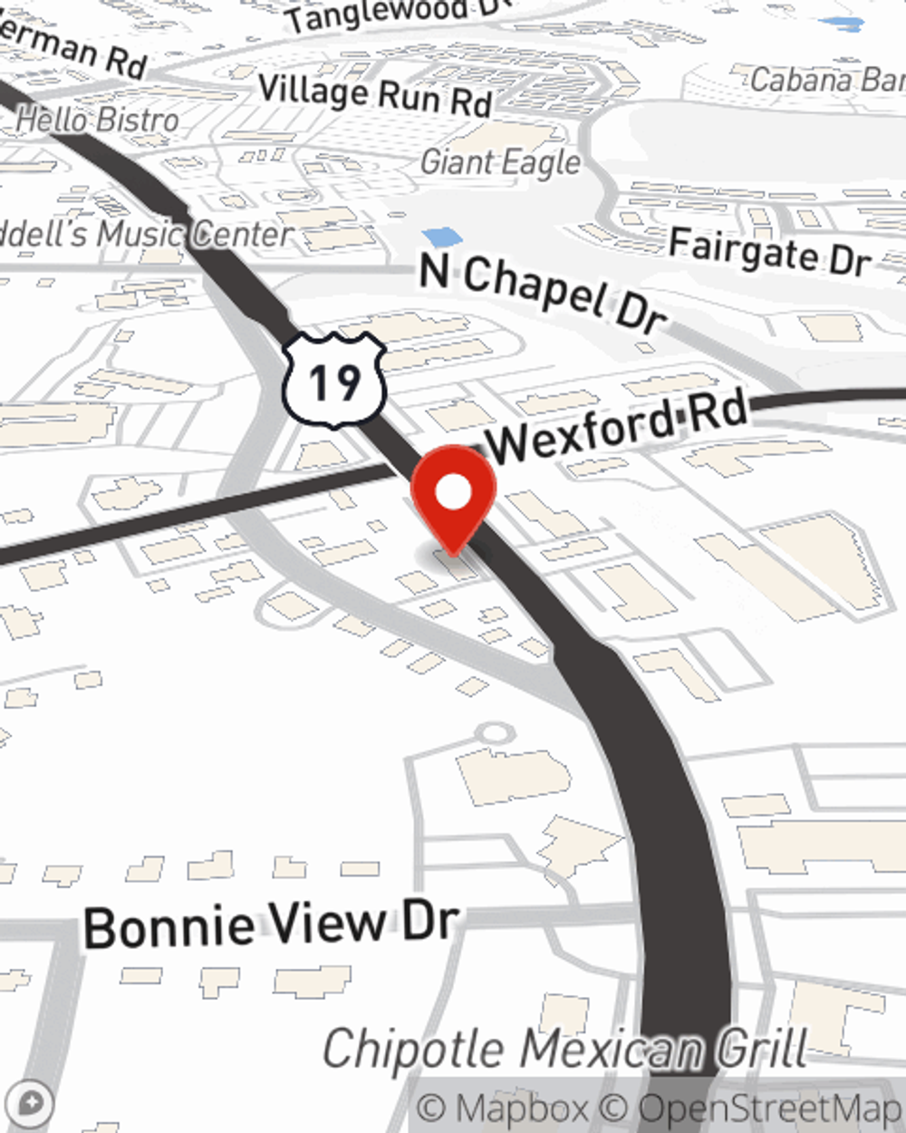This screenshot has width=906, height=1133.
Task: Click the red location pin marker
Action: (453, 499)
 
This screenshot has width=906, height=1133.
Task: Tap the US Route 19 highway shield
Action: (334, 380)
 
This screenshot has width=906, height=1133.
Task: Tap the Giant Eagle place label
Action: (501, 162)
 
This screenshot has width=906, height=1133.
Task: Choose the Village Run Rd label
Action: (375, 95)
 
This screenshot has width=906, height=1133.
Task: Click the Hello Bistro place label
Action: (98, 119)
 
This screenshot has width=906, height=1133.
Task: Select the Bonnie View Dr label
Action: (271, 925)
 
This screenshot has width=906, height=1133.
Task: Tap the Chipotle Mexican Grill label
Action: (564, 1049)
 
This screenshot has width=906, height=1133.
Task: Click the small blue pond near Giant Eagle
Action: (442, 237)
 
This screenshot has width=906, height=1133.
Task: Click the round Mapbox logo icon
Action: (30, 1104)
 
